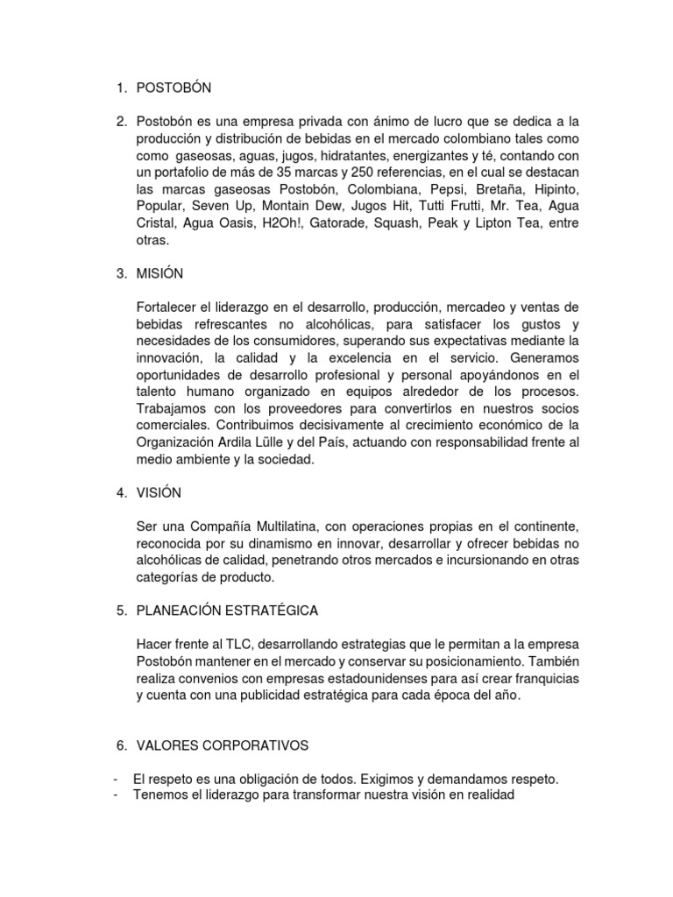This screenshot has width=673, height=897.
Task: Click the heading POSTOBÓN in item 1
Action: pyautogui.click(x=174, y=88)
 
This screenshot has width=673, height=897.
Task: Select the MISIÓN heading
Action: pyautogui.click(x=159, y=273)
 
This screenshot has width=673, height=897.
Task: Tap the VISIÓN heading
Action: pyautogui.click(x=159, y=492)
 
